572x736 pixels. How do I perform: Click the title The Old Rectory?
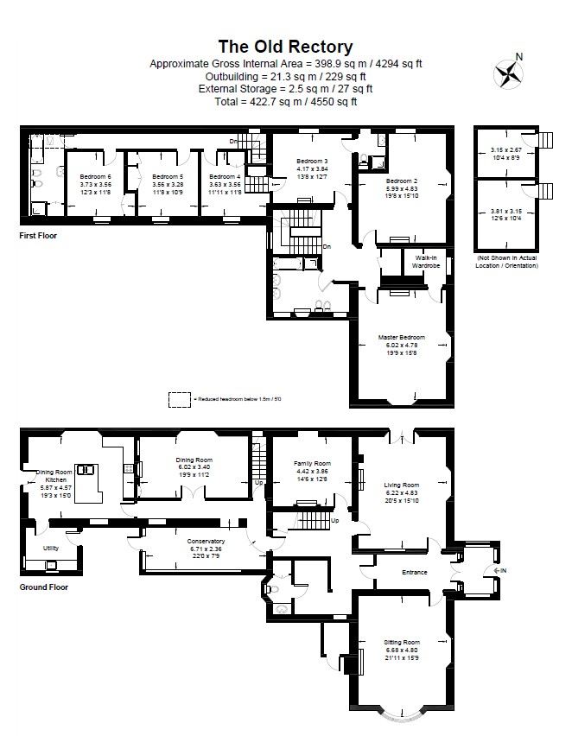[x=285, y=47]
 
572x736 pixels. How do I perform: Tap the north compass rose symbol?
[x=507, y=73]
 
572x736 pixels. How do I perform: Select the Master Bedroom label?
[x=401, y=337]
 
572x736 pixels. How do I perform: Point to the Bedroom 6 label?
[x=95, y=175]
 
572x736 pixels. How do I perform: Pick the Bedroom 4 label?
[x=225, y=175]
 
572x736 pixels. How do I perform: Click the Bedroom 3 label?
[x=312, y=162]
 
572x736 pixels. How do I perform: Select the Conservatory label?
[x=206, y=541]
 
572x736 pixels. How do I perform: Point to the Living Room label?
[x=401, y=485]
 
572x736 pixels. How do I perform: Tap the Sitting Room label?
[x=402, y=643]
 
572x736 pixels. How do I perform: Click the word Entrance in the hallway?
[x=416, y=572]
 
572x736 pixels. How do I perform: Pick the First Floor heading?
[x=38, y=235]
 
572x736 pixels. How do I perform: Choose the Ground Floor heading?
[x=43, y=587]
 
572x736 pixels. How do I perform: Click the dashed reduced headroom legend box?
[x=180, y=399]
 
